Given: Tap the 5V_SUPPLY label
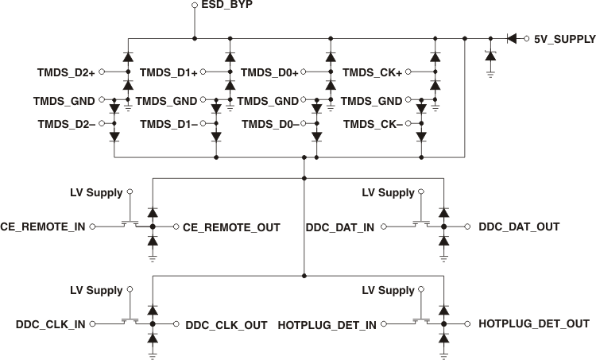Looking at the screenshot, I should pyautogui.click(x=564, y=37).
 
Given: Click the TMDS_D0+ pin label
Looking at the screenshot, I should pyautogui.click(x=269, y=73).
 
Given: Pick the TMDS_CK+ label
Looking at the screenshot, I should pyautogui.click(x=371, y=73).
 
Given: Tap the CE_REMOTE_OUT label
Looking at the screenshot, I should pyautogui.click(x=231, y=227).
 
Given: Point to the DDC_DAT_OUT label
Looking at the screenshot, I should pyautogui.click(x=518, y=227).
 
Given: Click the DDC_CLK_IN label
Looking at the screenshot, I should pyautogui.click(x=52, y=324).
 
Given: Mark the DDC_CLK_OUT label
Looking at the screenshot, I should pyautogui.click(x=226, y=324).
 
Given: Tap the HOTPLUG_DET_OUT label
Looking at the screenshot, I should pyautogui.click(x=533, y=324).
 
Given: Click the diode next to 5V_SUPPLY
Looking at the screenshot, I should pyautogui.click(x=512, y=37).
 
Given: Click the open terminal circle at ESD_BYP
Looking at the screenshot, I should pyautogui.click(x=195, y=6).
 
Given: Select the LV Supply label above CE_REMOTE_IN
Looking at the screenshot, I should pyautogui.click(x=96, y=193).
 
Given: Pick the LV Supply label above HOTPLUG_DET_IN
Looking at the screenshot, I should pyautogui.click(x=388, y=291).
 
